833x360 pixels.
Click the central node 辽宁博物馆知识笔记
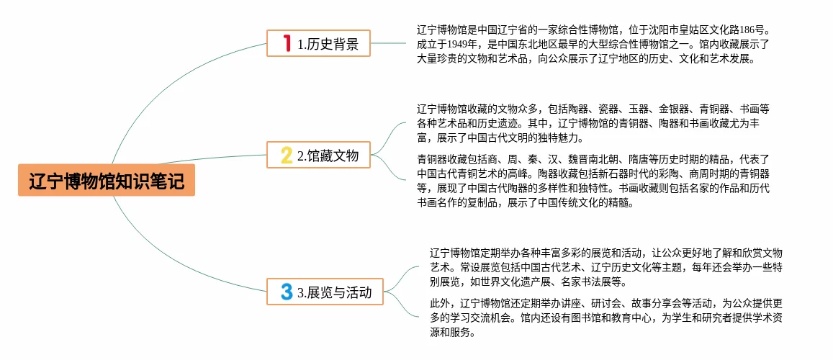tap(107, 181)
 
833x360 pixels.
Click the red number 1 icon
tap(287, 44)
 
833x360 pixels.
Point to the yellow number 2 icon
tap(286, 155)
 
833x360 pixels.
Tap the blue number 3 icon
tap(287, 292)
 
